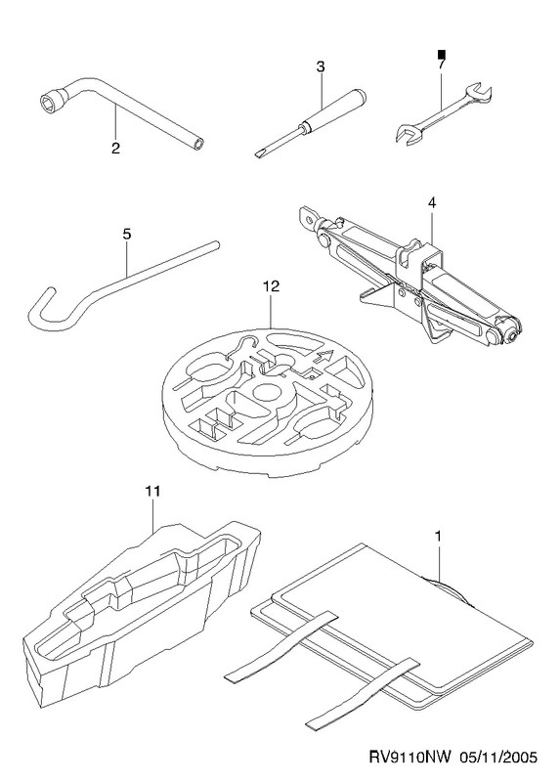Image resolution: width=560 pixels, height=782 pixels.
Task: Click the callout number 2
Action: pyautogui.click(x=115, y=149)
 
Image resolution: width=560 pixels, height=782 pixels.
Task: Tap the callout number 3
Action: pyautogui.click(x=321, y=66)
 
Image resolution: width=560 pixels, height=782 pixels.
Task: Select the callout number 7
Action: pyautogui.click(x=441, y=64)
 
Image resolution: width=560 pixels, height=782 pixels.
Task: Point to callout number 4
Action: pyautogui.click(x=432, y=203)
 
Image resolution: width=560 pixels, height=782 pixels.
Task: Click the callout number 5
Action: pyautogui.click(x=127, y=234)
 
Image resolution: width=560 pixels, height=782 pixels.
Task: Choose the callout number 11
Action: pyautogui.click(x=153, y=492)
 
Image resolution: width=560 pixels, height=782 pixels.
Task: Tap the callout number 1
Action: pyautogui.click(x=439, y=537)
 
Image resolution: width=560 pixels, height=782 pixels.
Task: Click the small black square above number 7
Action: pyautogui.click(x=441, y=54)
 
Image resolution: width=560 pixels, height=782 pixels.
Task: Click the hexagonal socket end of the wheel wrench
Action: pyautogui.click(x=51, y=103)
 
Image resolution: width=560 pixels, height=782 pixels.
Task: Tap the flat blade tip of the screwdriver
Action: pyautogui.click(x=258, y=153)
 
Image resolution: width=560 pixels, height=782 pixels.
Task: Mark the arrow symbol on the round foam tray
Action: pyautogui.click(x=323, y=356)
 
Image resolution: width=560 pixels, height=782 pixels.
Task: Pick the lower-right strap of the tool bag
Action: pyautogui.click(x=364, y=692)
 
